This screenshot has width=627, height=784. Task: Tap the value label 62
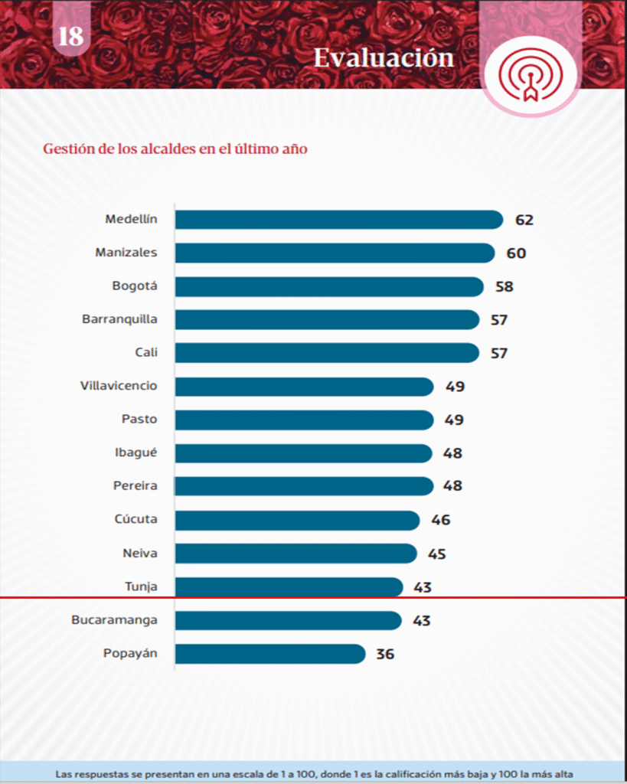524,220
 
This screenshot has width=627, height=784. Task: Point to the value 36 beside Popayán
385,655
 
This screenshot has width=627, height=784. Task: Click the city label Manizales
126,253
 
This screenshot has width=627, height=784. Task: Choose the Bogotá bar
329,286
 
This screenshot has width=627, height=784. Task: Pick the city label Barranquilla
119,318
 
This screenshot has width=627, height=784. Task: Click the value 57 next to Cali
499,353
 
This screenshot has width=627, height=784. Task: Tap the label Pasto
139,419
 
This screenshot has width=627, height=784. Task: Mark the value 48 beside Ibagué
452,453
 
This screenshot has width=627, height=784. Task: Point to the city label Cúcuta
136,519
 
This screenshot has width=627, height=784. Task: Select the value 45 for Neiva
437,554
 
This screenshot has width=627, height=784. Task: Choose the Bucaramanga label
114,619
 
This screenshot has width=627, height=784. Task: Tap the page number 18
70,36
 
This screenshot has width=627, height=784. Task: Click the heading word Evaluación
384,57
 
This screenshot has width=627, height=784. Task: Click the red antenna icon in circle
530,73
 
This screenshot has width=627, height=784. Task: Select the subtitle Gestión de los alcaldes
175,149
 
